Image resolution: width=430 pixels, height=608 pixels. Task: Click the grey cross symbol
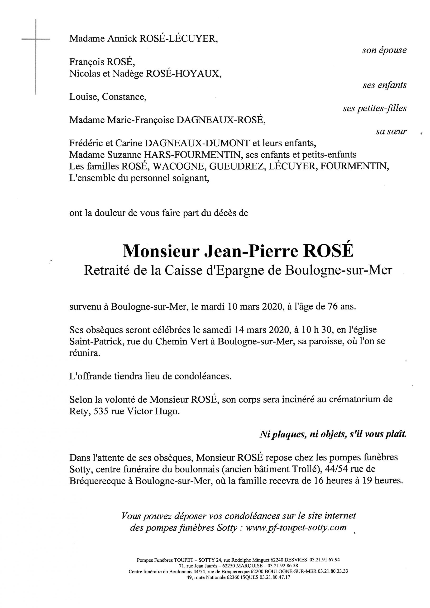(x=35, y=40)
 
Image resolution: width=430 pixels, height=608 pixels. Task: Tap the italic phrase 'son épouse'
(x=384, y=50)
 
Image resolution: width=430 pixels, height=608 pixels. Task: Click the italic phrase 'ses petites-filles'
(x=374, y=109)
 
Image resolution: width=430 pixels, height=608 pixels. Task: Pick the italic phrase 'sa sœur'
(x=391, y=132)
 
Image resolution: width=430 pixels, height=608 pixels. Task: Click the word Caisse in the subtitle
(x=180, y=270)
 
